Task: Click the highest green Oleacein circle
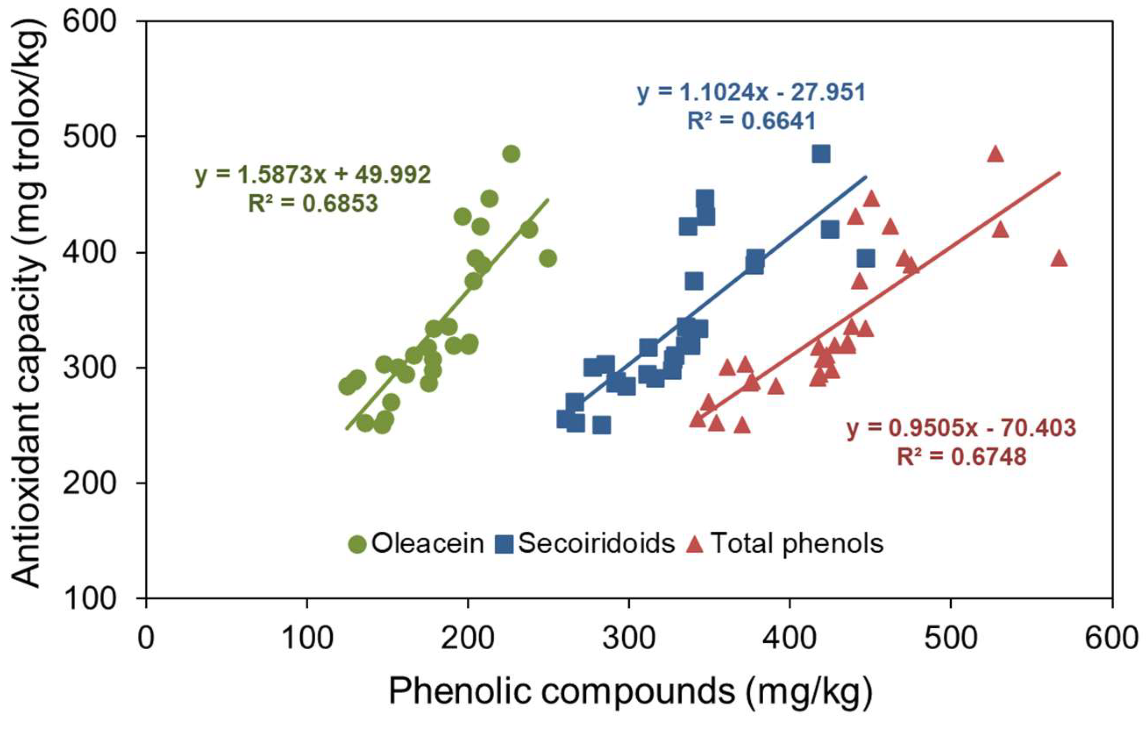coord(511,154)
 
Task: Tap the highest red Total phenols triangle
coord(995,154)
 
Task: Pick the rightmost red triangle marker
coord(1059,259)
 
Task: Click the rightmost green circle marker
coord(548,259)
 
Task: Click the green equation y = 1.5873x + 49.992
coord(313,175)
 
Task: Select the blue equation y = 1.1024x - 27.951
coord(751,92)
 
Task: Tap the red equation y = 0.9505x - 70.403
coord(961,428)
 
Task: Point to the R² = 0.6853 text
coord(313,203)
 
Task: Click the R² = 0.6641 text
coord(752,121)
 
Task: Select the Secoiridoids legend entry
coord(586,544)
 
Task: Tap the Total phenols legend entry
coord(786,544)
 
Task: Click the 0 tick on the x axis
coord(146,638)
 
